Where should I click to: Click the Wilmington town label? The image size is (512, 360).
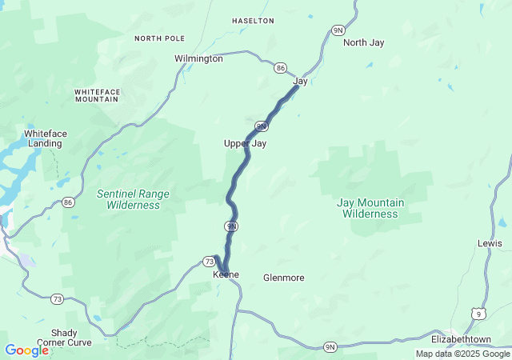coord(198,58)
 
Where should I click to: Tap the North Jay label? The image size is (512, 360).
coord(364,42)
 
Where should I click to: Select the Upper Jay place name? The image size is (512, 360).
coord(244,143)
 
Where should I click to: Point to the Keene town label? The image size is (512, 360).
coord(226,274)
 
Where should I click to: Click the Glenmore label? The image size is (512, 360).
coord(283,278)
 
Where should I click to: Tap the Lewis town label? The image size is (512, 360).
coord(490,243)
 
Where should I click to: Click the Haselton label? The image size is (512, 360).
coord(253,20)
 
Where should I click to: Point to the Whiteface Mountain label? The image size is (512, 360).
coord(97,95)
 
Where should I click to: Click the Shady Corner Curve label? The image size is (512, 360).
coord(60,338)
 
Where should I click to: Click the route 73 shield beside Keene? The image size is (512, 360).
coord(210,262)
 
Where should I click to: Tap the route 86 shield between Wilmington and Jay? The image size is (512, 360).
coord(280,68)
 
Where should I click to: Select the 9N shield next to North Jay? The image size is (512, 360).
coord(338,30)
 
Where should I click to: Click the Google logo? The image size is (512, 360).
coord(26,350)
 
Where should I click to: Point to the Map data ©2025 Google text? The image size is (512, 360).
coord(462,354)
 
